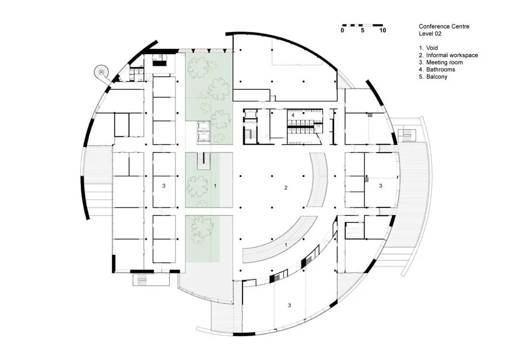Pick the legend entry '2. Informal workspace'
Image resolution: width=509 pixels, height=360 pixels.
point(448,55)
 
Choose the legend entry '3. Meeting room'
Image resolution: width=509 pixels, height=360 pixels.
point(441,62)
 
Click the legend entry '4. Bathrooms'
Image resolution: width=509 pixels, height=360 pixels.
point(437,70)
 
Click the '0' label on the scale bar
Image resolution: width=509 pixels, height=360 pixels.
point(342,31)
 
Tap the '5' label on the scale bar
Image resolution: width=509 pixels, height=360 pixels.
point(362,31)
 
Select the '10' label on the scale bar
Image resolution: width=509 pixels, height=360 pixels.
point(382,31)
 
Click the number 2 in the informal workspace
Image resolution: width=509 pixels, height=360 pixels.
point(286,188)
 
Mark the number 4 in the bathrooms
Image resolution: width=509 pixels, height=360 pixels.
point(293,115)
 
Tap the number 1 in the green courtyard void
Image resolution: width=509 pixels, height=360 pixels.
point(216,186)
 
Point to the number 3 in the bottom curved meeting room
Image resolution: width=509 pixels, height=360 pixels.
point(290,306)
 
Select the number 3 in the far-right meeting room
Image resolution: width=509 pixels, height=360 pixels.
point(381,186)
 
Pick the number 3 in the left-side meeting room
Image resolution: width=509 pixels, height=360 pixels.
point(163,186)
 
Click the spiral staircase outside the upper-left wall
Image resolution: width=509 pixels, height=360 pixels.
point(101,71)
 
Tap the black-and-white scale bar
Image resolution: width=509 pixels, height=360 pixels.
point(362,25)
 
